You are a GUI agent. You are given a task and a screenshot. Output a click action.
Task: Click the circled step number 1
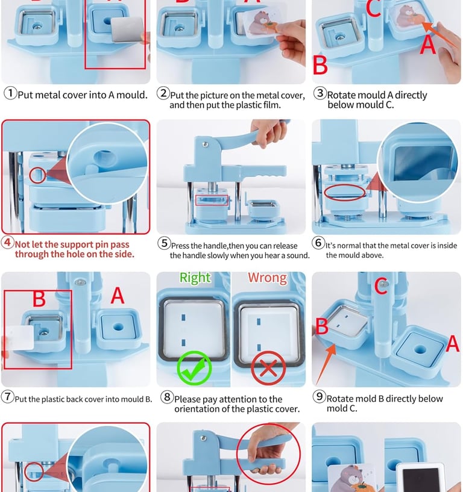click(10, 93)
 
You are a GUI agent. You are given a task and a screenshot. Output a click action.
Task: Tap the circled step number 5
click(164, 243)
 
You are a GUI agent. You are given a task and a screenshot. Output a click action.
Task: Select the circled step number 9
click(319, 396)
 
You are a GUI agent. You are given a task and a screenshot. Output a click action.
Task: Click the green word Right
click(195, 278)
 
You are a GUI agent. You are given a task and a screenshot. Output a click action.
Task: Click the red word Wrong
click(267, 278)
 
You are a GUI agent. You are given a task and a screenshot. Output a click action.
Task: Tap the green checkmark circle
click(195, 368)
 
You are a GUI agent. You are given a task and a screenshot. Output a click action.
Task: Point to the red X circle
click(268, 368)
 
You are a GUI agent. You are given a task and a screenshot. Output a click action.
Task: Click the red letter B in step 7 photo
click(39, 299)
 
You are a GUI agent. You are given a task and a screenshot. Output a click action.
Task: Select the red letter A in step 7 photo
click(118, 296)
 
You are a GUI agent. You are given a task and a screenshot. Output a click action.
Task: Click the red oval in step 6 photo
click(345, 192)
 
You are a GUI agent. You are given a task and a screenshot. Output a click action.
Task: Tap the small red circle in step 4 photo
click(38, 175)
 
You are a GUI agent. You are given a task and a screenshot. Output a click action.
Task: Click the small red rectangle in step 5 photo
click(212, 200)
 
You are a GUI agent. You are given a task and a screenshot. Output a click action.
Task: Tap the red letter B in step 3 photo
click(320, 66)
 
